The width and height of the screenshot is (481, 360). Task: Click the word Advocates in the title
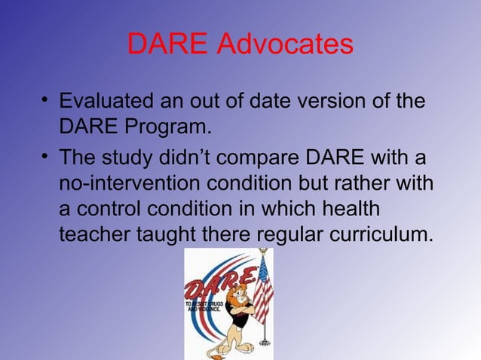(285, 44)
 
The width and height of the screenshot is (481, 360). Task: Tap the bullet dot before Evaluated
(47, 101)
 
